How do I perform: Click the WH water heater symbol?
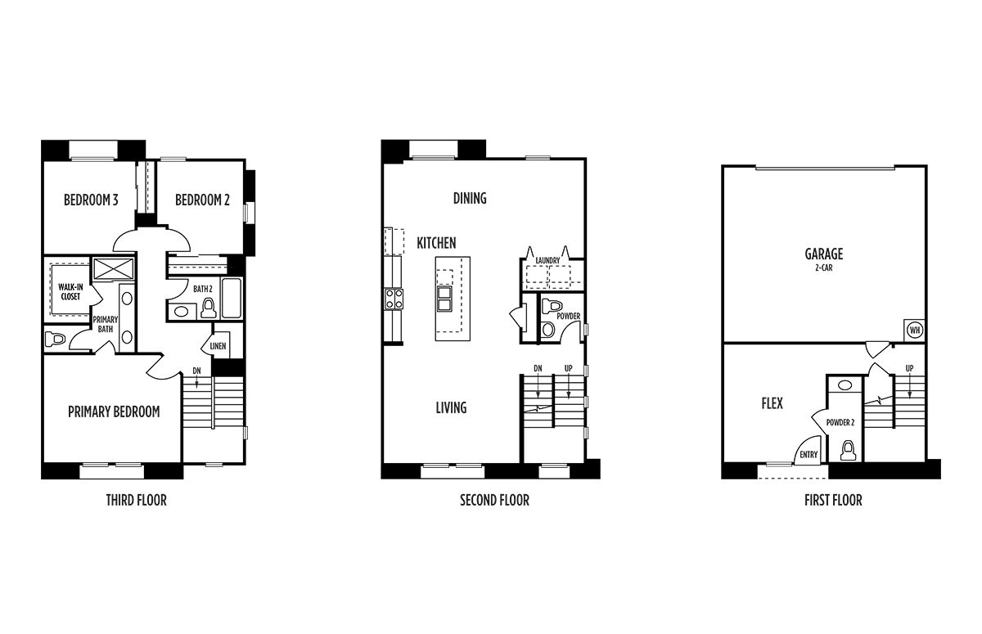pos(915,330)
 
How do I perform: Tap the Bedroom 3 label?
pos(91,200)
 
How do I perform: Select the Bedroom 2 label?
pos(202,200)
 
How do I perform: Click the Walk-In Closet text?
pos(70,292)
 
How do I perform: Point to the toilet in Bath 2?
pos(209,308)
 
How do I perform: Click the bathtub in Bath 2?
pos(231,298)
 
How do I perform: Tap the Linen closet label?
pos(218,346)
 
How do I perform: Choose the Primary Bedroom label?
pos(114,411)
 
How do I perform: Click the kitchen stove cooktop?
pos(394,299)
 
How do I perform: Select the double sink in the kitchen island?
pos(444,299)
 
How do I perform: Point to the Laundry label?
pos(547,261)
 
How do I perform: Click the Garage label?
pos(824,254)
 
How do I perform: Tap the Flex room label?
pos(772,403)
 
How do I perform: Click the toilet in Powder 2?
pos(849,451)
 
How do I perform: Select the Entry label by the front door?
pos(809,455)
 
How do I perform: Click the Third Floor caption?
pos(137,500)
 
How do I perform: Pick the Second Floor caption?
pos(494,500)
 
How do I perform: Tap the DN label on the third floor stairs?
pos(197,371)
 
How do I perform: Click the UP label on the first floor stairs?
pos(910,368)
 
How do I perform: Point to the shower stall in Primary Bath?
pos(114,268)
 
